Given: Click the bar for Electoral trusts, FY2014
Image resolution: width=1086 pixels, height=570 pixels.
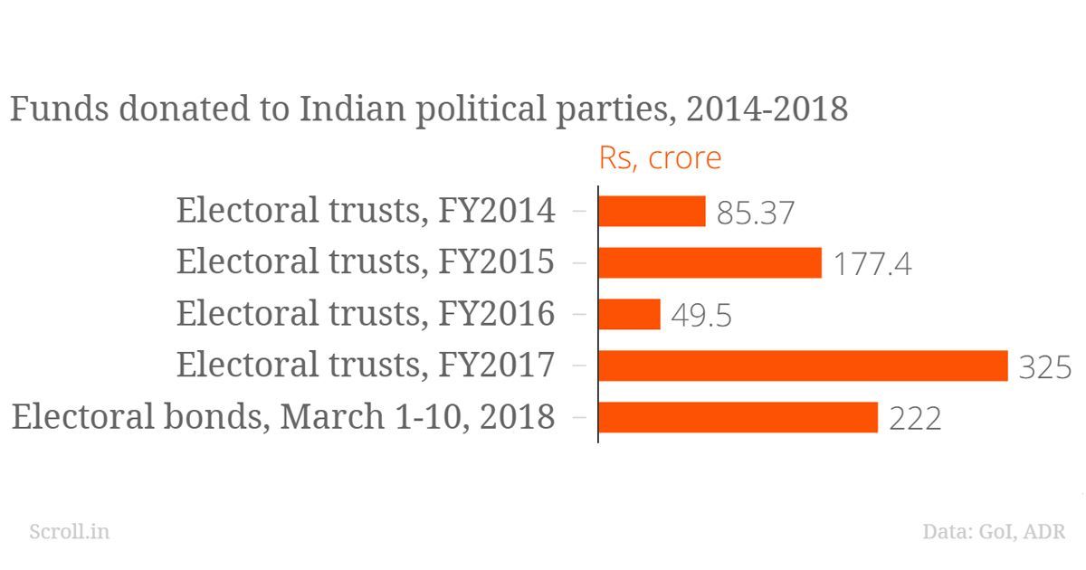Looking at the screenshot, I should click(x=652, y=212).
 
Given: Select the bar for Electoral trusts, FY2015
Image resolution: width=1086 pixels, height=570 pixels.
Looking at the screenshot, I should click(x=710, y=263).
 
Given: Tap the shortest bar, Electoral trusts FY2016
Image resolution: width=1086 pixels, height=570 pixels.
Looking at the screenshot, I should click(x=630, y=315).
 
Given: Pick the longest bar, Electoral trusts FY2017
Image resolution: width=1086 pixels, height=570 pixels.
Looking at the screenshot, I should click(x=803, y=366).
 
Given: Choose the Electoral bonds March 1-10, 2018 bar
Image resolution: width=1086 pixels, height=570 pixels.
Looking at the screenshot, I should click(x=738, y=418).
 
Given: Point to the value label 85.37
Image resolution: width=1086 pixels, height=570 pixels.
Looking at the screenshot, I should click(x=756, y=214).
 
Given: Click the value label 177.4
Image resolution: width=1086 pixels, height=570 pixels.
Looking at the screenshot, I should click(x=872, y=265).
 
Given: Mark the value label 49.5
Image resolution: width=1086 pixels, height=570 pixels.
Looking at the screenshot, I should click(x=702, y=317).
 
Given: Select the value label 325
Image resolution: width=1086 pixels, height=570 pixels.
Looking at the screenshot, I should click(x=1045, y=368).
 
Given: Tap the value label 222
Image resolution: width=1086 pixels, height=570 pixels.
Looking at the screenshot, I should click(x=915, y=420).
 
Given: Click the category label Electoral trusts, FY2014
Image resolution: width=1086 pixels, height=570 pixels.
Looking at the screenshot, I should click(x=366, y=211).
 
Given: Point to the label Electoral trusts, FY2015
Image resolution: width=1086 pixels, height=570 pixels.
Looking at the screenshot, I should click(x=366, y=262).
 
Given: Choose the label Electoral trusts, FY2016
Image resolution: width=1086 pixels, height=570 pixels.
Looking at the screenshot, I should click(x=366, y=314).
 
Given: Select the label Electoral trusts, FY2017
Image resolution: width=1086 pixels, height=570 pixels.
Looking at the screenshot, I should click(x=366, y=366).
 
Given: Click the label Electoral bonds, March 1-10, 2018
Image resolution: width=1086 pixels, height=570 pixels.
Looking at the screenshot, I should click(x=283, y=417).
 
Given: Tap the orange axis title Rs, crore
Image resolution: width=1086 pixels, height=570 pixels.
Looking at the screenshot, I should click(x=661, y=157).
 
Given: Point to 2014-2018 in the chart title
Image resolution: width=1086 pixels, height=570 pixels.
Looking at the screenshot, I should click(x=767, y=109).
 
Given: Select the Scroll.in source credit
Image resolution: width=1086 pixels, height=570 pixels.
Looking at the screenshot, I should click(x=70, y=531).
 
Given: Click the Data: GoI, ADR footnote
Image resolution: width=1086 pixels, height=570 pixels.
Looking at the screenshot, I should click(x=994, y=531).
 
